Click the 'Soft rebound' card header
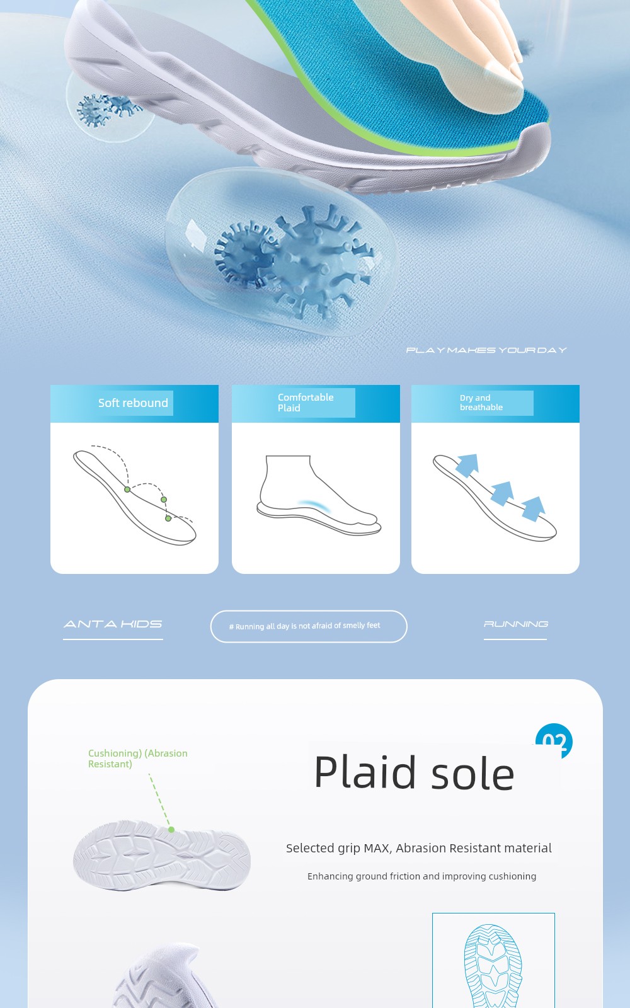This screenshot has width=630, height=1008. [x=134, y=403]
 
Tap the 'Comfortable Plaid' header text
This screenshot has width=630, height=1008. [x=306, y=403]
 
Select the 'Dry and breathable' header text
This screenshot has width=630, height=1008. [x=481, y=403]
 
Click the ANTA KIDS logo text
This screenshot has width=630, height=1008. [x=113, y=624]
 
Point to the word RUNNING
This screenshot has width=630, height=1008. [x=516, y=624]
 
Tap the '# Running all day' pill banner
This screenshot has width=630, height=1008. [x=309, y=626]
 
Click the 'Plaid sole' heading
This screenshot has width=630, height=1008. [x=414, y=772]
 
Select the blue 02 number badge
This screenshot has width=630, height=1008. [x=554, y=740]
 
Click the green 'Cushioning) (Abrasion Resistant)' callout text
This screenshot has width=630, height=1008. [x=138, y=759]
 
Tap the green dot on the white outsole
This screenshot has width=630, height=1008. [x=171, y=829]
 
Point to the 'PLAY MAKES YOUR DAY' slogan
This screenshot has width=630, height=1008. [x=486, y=350]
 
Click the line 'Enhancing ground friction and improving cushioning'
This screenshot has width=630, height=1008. [x=421, y=876]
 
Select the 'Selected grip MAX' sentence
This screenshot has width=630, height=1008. [x=418, y=848]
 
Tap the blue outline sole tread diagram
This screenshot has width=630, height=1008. [x=493, y=966]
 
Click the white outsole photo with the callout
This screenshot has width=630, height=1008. [x=161, y=855]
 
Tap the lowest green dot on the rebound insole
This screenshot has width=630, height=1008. [x=168, y=518]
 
